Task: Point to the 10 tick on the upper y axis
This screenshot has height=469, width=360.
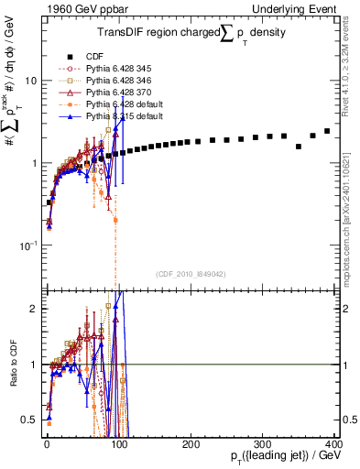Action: (x=29, y=81)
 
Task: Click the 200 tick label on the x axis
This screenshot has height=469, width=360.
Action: (x=190, y=442)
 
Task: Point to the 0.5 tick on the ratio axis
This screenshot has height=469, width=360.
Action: (x=29, y=420)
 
